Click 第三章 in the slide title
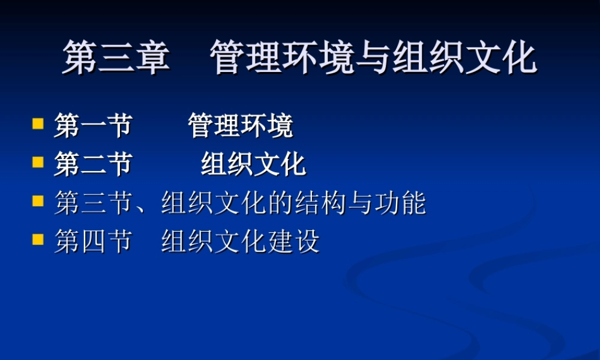(x=116, y=58)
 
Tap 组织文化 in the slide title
(x=464, y=58)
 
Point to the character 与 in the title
(x=374, y=58)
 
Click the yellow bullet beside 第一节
(x=38, y=124)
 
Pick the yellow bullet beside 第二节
(x=38, y=162)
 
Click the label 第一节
(x=93, y=126)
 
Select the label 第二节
(x=93, y=164)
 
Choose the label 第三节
(x=93, y=203)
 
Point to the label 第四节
(x=93, y=242)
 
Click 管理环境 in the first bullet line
(x=240, y=126)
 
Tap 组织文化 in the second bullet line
(x=253, y=164)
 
